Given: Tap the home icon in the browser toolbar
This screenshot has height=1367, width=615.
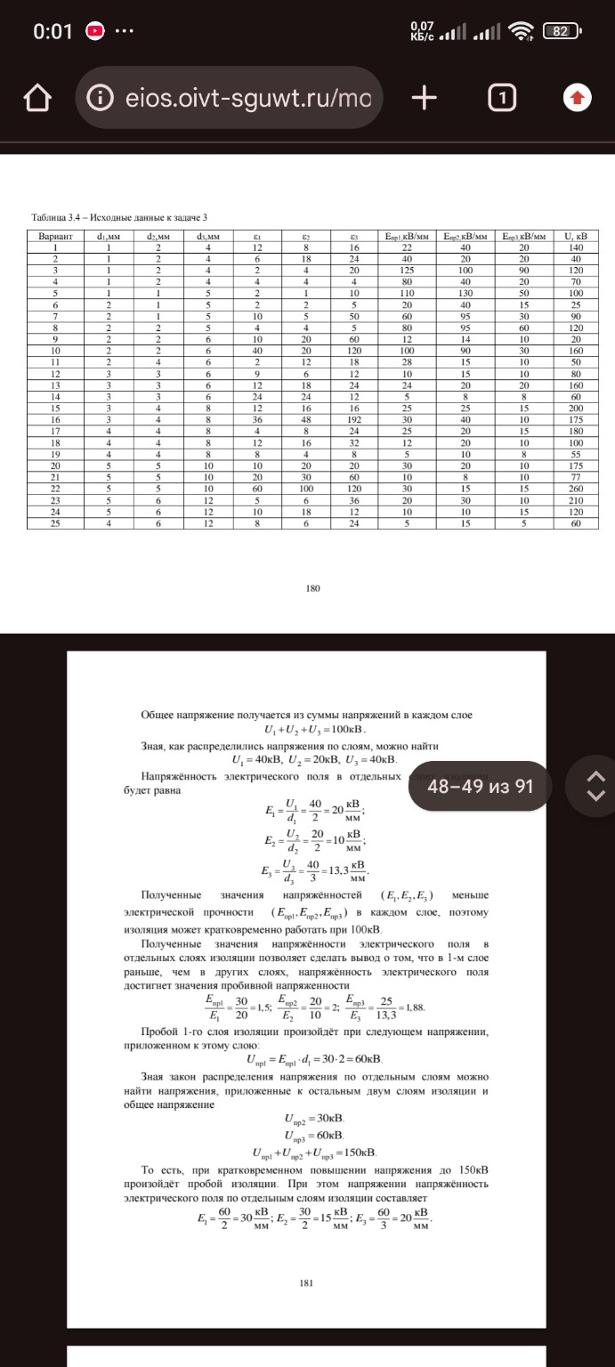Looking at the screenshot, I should (38, 97).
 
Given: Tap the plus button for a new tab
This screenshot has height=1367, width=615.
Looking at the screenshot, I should (425, 97).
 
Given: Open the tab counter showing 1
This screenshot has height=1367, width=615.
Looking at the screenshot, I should (503, 97).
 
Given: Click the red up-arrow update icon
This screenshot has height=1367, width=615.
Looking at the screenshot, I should (578, 97).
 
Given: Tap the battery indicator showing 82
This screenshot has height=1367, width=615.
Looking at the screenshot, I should (560, 31).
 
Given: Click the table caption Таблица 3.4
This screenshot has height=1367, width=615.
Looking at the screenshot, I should (120, 217).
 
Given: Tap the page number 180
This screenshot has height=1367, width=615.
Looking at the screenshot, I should (312, 587).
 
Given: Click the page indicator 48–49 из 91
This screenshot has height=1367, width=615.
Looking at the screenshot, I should (486, 787).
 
